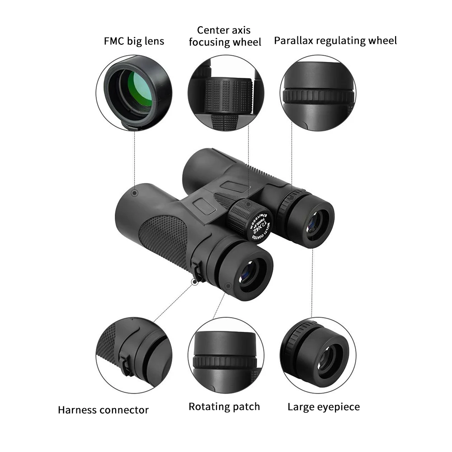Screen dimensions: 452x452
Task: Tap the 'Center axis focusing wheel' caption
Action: point(225,37)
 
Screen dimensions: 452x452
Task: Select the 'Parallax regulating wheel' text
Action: point(335,41)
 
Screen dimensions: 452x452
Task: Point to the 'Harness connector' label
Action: point(103,410)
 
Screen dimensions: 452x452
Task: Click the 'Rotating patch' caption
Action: point(224,406)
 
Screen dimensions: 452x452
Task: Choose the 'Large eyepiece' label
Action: point(324,407)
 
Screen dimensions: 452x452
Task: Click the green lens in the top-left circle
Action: point(139,89)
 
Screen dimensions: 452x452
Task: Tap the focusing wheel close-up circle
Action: point(226,93)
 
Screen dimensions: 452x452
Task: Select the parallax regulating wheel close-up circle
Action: point(318,93)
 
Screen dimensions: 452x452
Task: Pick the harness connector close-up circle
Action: point(134,355)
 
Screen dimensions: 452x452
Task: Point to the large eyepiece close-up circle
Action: point(318,355)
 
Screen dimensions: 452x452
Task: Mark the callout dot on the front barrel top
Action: point(134,193)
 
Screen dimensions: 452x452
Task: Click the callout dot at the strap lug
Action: point(195,282)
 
